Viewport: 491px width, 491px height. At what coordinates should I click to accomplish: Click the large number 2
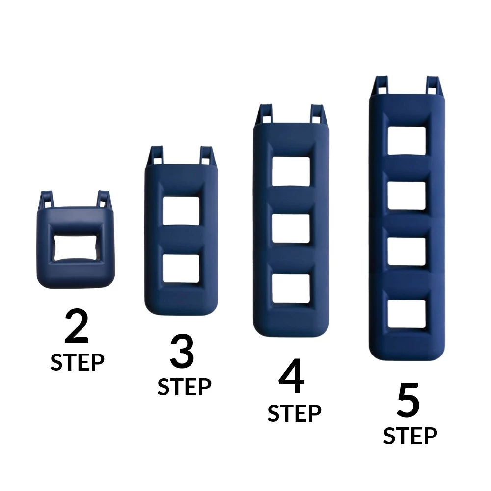[x=77, y=327]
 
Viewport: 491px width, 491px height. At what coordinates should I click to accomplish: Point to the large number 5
[x=409, y=402]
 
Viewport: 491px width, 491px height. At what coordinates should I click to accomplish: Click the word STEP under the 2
[x=77, y=362]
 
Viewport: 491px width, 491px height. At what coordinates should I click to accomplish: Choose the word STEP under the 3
[x=184, y=387]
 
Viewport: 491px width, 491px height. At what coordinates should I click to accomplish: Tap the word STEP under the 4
[x=294, y=413]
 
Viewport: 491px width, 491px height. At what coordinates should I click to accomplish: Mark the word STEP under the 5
[x=410, y=436]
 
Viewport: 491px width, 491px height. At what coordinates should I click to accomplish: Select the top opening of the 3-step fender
[x=181, y=211]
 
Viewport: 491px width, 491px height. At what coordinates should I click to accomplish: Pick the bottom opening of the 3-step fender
[x=181, y=269]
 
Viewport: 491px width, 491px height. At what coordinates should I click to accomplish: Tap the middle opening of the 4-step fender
[x=291, y=229]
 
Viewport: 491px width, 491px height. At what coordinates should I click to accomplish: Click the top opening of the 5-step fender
[x=407, y=141]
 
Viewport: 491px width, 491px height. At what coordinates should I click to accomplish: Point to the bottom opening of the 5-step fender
[x=407, y=314]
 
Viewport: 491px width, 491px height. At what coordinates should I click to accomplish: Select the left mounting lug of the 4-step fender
[x=266, y=114]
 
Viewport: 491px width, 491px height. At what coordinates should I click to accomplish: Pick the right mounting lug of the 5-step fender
[x=433, y=86]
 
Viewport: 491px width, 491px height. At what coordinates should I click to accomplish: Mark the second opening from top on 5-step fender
[x=407, y=195]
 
